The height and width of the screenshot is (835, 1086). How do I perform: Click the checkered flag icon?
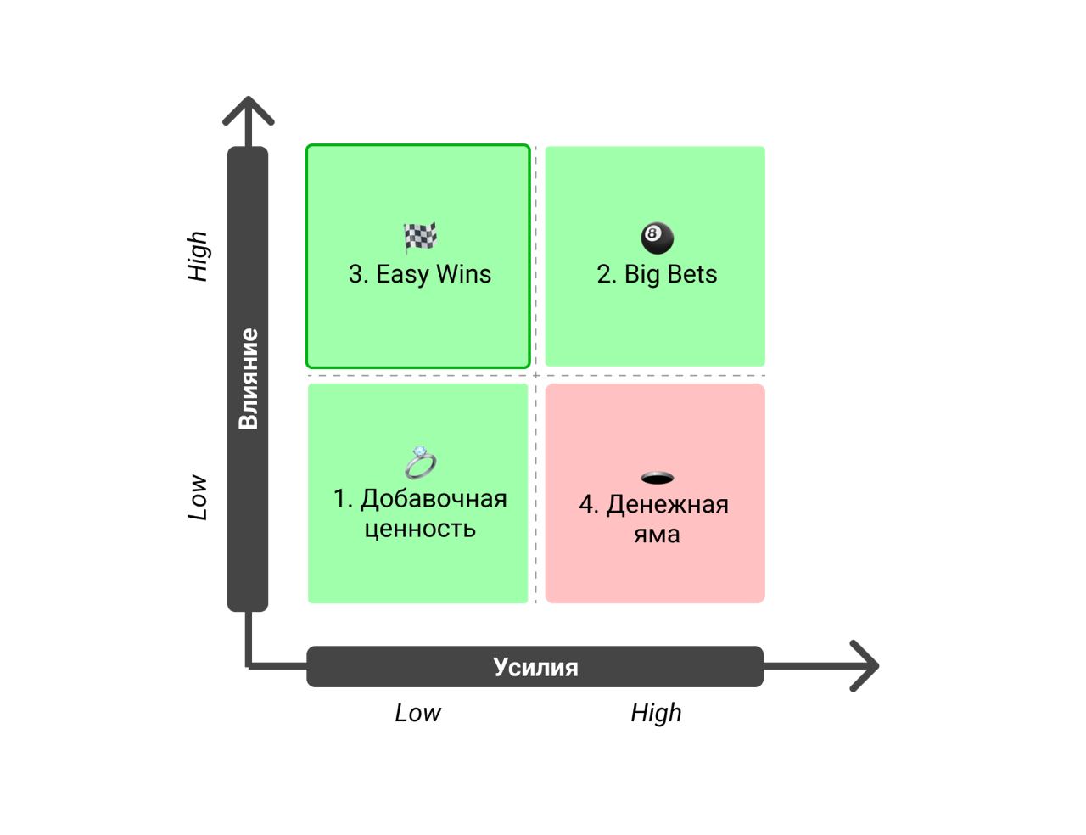(x=420, y=237)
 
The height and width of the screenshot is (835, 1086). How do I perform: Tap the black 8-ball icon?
(x=658, y=238)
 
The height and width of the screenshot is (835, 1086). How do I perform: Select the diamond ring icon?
(x=420, y=462)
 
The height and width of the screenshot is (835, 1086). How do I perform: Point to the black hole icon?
(x=658, y=478)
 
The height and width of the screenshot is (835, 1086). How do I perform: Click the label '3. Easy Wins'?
(x=420, y=274)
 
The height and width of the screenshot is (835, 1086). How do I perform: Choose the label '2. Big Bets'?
(x=657, y=274)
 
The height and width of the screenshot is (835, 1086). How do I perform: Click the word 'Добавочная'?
(x=434, y=499)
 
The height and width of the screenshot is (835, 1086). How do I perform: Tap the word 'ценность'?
(x=420, y=530)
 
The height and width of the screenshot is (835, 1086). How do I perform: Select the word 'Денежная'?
(x=668, y=505)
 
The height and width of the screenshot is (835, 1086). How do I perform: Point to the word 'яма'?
(x=657, y=535)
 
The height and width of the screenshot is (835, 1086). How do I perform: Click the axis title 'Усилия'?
(x=535, y=668)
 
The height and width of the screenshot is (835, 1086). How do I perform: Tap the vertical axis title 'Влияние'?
(x=249, y=378)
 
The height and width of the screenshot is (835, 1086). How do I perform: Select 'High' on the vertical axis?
(x=198, y=256)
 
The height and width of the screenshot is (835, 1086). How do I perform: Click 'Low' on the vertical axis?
(x=198, y=497)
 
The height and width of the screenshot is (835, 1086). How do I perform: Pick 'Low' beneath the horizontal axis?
(x=417, y=713)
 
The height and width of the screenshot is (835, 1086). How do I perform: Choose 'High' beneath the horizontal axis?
(x=656, y=713)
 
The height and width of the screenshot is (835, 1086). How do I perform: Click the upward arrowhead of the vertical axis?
(x=249, y=111)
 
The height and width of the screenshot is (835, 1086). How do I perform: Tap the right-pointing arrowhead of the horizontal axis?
(x=864, y=666)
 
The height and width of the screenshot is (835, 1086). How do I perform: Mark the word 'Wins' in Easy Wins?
(x=464, y=274)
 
